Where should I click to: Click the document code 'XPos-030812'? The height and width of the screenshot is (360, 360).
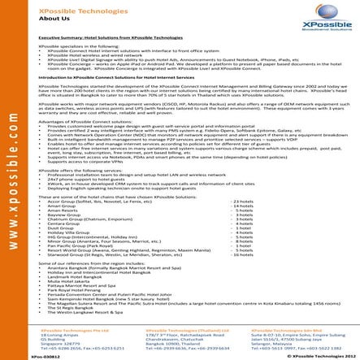coord(20,356)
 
